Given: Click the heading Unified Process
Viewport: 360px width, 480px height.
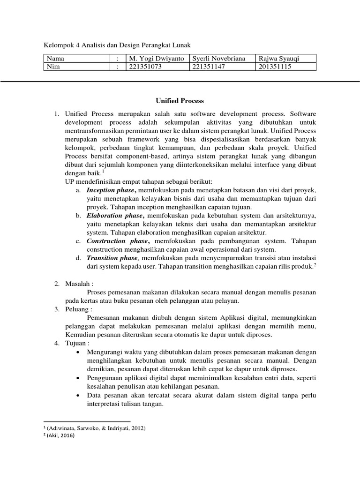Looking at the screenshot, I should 180,100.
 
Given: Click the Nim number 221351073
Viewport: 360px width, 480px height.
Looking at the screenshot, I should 145,67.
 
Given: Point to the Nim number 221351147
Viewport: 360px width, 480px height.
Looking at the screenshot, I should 210,67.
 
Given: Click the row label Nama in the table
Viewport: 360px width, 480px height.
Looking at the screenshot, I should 55,59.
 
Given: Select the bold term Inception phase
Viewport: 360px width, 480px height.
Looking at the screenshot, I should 111,190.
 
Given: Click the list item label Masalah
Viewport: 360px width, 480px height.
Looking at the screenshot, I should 78,284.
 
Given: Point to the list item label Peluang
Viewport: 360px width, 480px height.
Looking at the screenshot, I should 78,309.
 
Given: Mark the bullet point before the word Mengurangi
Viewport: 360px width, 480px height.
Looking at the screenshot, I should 77,352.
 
